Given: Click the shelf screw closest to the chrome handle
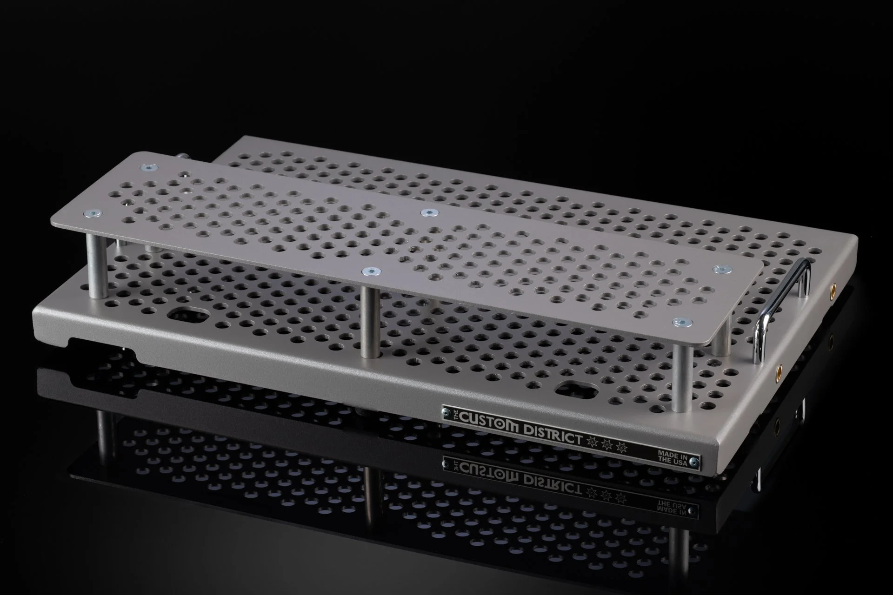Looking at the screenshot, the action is pos(722,269).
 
